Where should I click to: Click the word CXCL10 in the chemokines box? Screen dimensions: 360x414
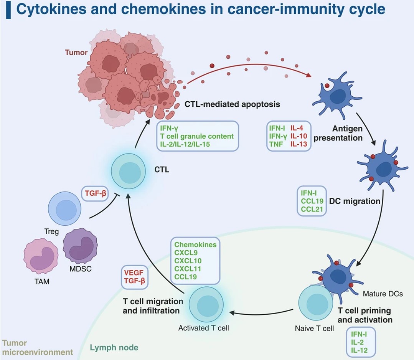click(188, 261)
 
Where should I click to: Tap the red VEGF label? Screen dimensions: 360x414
click(134, 273)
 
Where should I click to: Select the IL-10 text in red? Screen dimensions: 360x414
click(299, 136)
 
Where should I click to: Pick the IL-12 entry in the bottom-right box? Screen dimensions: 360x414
click(359, 350)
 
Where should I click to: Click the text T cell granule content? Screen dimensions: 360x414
click(197, 136)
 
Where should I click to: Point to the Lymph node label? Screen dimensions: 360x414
click(114, 348)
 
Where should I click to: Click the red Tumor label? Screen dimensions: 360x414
click(76, 52)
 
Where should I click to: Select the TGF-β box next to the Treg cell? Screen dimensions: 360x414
click(93, 193)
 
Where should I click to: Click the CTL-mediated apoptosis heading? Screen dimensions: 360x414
click(232, 104)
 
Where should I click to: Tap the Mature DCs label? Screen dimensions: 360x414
click(383, 294)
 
